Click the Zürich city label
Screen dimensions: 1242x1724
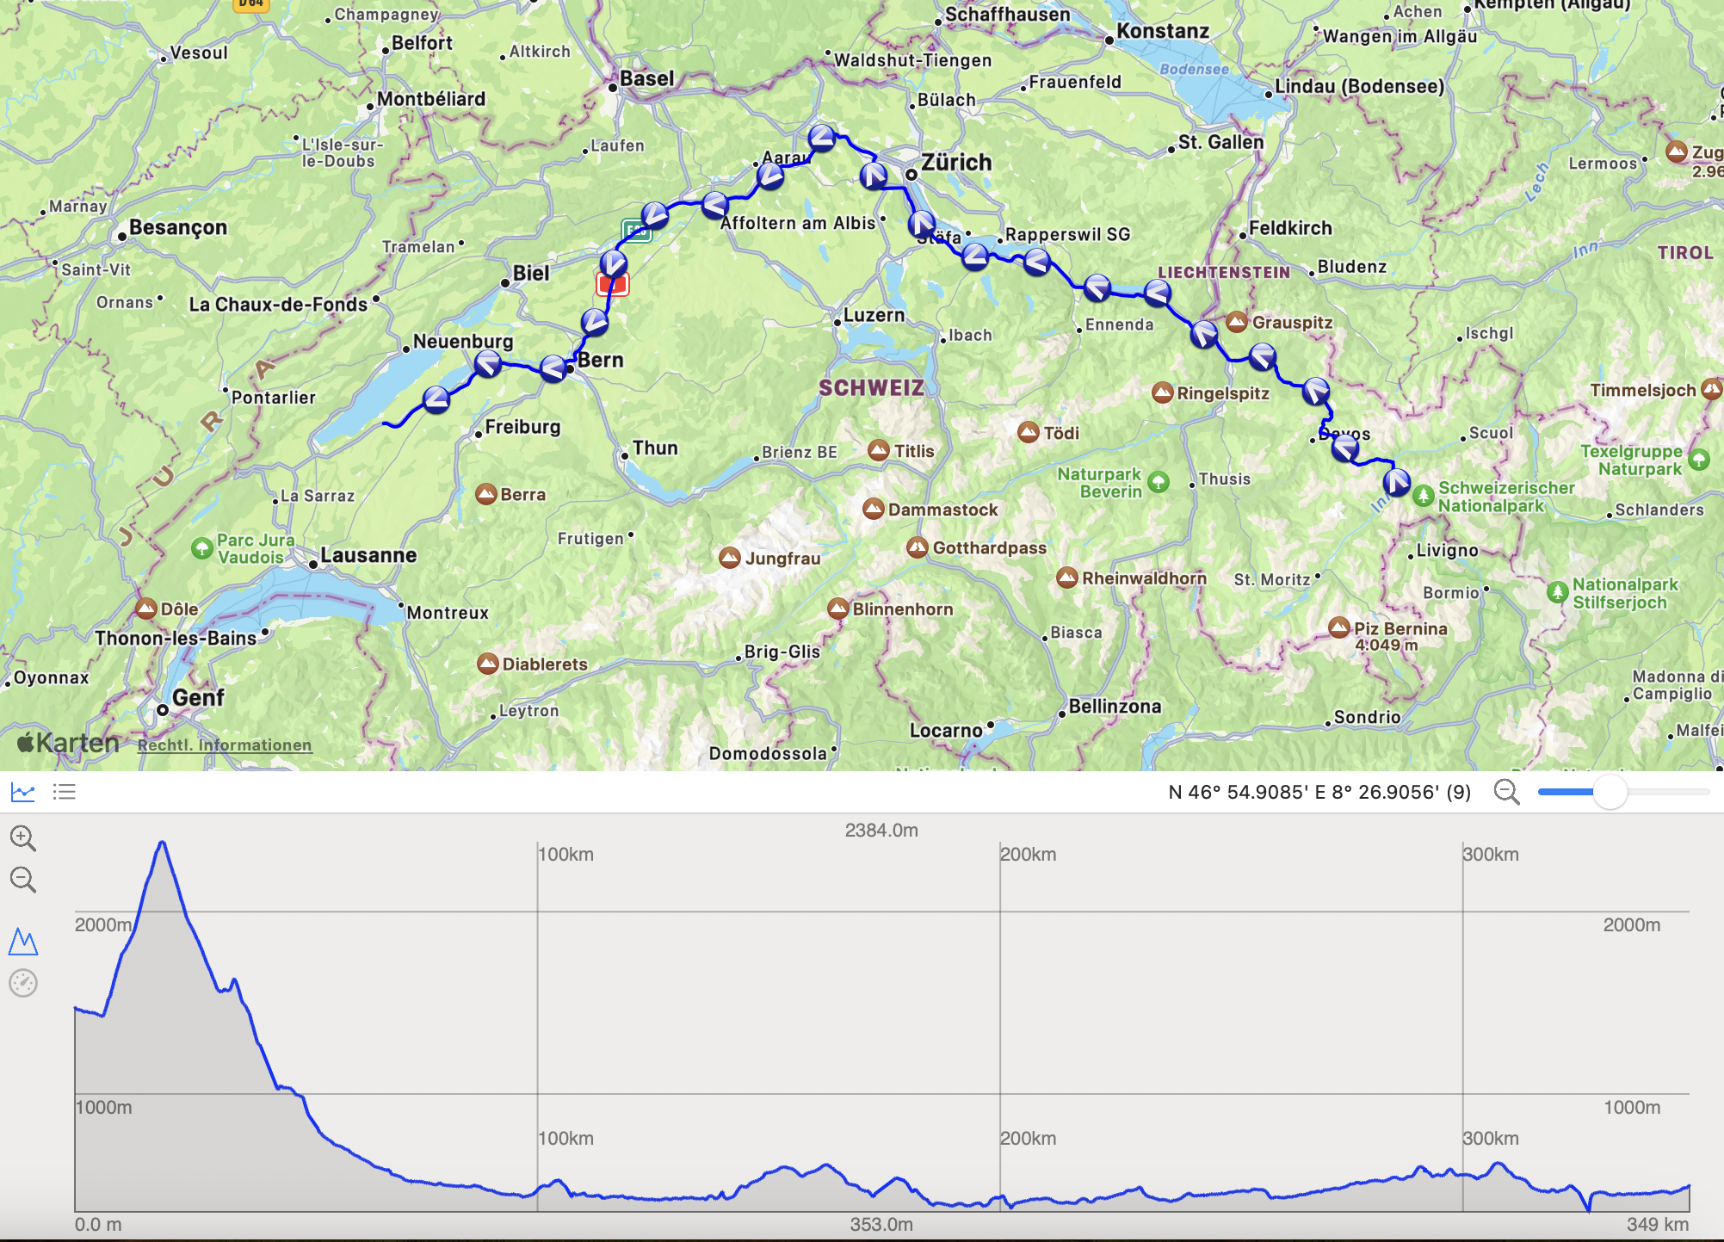point(955,162)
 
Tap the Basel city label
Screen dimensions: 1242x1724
point(646,78)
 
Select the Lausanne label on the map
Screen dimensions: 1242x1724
point(368,555)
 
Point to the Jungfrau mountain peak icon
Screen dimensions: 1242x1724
point(730,558)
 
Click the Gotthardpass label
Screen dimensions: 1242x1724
point(989,547)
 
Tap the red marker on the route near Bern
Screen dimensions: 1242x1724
point(613,284)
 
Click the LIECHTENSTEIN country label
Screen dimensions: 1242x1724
point(1223,272)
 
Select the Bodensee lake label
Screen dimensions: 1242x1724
point(1194,69)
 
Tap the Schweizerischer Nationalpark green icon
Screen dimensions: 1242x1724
point(1424,496)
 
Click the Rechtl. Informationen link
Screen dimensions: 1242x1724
point(225,745)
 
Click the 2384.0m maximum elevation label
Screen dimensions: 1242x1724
point(881,830)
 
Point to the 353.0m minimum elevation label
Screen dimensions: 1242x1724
point(881,1224)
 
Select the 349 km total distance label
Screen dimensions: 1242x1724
point(1657,1224)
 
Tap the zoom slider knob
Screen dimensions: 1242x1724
point(1609,792)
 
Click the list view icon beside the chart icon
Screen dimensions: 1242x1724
point(65,792)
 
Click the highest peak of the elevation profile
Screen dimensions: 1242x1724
point(162,843)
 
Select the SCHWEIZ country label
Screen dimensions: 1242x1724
point(871,387)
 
